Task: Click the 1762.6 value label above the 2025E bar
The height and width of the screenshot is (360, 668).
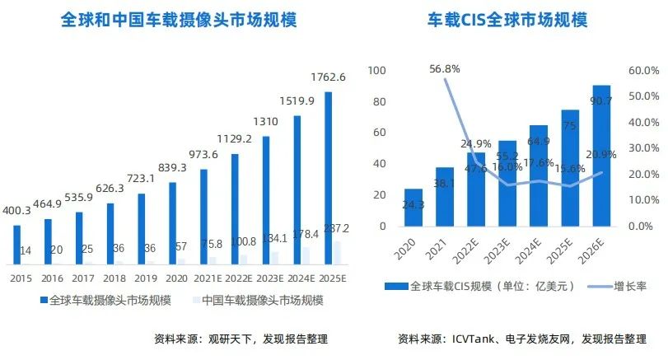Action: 328,77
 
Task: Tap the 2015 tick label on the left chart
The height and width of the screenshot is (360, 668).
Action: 21,278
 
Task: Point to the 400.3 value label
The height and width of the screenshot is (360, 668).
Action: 16,212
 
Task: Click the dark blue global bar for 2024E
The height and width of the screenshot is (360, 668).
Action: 297,189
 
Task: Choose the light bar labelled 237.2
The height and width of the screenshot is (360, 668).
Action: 336,253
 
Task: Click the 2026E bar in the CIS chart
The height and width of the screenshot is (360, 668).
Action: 601,157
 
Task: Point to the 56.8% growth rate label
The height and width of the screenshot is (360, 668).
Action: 445,69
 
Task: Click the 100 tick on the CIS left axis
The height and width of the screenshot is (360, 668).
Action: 377,71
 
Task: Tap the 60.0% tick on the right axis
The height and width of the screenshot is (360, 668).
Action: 642,71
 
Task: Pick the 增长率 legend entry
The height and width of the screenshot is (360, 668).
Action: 619,286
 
